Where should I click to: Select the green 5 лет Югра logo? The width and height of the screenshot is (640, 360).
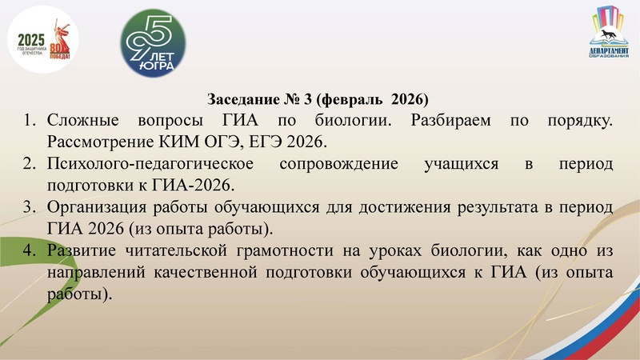[x=152, y=43]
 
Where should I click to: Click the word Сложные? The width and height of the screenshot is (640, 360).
[x=83, y=122]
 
